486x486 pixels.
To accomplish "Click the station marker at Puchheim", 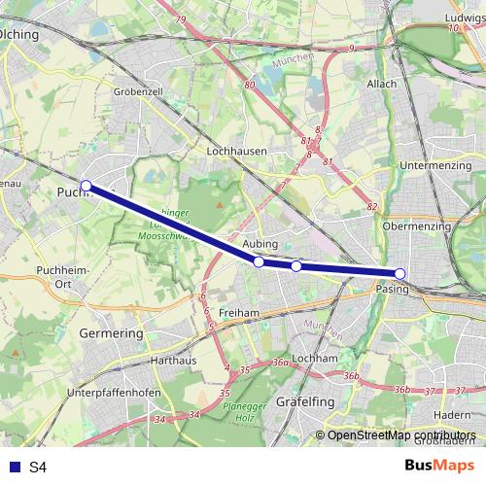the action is click(x=86, y=185).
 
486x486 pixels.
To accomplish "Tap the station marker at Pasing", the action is click(x=399, y=273).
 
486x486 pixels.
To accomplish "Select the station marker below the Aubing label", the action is click(x=259, y=261).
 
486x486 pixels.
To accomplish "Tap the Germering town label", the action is click(x=110, y=332).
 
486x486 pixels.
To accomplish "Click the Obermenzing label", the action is click(x=418, y=226).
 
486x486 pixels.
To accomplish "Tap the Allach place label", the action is click(x=382, y=84).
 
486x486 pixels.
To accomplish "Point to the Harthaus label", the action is click(x=174, y=360).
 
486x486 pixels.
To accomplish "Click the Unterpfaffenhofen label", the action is click(x=114, y=393).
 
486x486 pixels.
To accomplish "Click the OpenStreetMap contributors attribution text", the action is click(x=400, y=435).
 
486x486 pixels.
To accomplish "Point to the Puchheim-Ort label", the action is click(x=55, y=276).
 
